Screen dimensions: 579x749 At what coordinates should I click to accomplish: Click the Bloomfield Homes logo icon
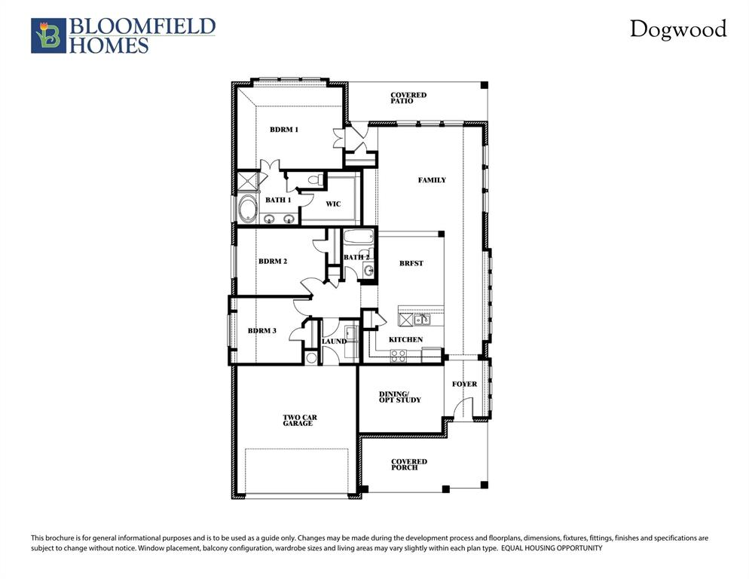point(48,36)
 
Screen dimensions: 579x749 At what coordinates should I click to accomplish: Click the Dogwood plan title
point(678,29)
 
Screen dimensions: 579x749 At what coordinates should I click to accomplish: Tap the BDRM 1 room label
point(284,130)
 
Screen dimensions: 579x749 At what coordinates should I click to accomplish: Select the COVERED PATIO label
point(408,98)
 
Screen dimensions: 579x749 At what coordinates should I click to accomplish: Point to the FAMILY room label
point(432,180)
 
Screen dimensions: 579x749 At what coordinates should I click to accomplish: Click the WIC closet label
point(333,204)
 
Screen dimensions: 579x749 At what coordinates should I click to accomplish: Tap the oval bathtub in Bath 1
point(247,209)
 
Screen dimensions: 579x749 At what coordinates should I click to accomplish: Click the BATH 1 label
point(278,200)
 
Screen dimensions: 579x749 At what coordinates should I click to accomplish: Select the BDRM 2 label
point(273,262)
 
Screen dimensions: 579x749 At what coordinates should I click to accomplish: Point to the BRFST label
point(411,264)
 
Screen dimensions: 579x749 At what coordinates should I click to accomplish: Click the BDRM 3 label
point(262,331)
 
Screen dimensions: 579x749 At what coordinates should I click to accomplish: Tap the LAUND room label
point(334,342)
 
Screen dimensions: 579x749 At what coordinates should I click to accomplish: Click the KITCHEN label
point(405,340)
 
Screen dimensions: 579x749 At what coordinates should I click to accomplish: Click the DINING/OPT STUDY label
point(399,397)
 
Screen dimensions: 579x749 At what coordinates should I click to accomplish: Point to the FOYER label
point(464,384)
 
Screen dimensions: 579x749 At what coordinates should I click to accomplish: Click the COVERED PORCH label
point(408,464)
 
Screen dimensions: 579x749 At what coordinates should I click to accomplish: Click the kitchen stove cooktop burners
point(398,355)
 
